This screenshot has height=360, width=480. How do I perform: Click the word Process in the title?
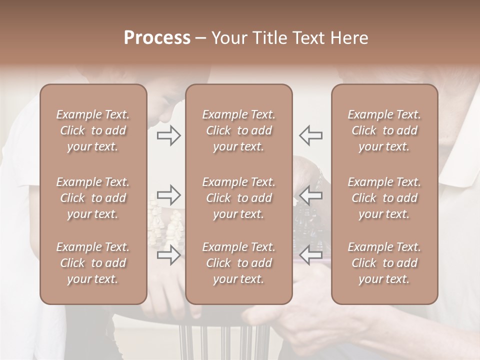(x=157, y=38)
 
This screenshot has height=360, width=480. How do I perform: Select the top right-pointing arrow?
(x=168, y=135)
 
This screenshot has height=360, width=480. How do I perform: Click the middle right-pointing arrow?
(x=168, y=195)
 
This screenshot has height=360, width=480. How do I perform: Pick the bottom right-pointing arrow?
(x=168, y=255)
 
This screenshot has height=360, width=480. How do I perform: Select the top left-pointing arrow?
(x=310, y=135)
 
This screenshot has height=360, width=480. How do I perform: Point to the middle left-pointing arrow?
(x=310, y=195)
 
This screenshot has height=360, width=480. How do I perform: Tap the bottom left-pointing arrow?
(x=310, y=255)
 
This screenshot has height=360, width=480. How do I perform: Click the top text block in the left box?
(x=93, y=130)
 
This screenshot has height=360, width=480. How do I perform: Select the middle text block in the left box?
(x=93, y=198)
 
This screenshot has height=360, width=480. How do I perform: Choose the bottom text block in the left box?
(x=93, y=263)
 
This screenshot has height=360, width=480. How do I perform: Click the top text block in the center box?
(x=238, y=130)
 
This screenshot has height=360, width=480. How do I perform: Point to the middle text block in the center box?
(x=238, y=198)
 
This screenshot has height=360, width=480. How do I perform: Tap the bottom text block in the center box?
(x=238, y=263)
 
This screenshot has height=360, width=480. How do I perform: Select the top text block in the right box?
(x=384, y=130)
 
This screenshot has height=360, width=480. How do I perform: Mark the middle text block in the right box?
(x=384, y=198)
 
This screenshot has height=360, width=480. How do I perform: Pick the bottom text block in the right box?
(x=384, y=263)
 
